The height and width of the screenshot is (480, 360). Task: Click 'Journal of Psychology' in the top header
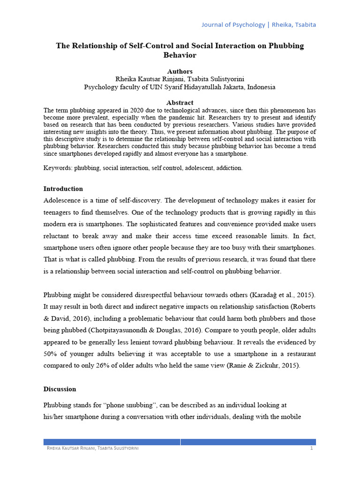coord(233,24)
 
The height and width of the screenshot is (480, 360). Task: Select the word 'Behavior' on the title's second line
coord(180,55)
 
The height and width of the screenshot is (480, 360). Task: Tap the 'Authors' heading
coord(180,71)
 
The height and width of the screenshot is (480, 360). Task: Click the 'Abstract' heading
coord(180,103)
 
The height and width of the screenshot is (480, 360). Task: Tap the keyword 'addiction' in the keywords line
coord(229,168)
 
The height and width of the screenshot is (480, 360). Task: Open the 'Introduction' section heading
coord(63,189)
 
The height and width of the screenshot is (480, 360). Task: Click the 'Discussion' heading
coord(60,389)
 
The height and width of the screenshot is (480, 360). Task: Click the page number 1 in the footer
coord(311,449)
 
